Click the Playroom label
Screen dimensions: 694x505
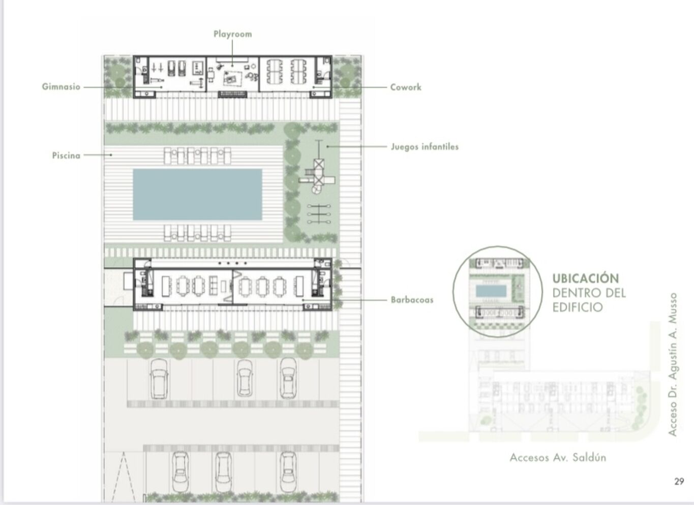coord(233,34)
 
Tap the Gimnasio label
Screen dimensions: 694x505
coord(61,87)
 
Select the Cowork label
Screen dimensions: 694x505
coord(406,87)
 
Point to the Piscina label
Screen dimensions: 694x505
coord(66,155)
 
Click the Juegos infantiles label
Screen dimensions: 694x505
coord(425,147)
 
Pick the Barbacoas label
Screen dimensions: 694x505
coord(412,300)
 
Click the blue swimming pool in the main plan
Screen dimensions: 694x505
coord(197,195)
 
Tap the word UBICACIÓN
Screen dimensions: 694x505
coord(586,278)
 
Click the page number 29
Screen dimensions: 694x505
coord(679,482)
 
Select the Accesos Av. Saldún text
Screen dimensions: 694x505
coord(558,457)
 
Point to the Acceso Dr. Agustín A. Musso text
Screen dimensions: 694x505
coord(672,364)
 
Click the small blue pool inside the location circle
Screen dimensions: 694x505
coord(491,291)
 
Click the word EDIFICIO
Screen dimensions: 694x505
coord(578,307)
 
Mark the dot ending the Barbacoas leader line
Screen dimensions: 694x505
coord(303,300)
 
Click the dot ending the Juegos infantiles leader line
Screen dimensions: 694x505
coord(327,146)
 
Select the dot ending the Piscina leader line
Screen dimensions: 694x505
coord(111,155)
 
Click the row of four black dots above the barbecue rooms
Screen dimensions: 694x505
coord(233,263)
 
